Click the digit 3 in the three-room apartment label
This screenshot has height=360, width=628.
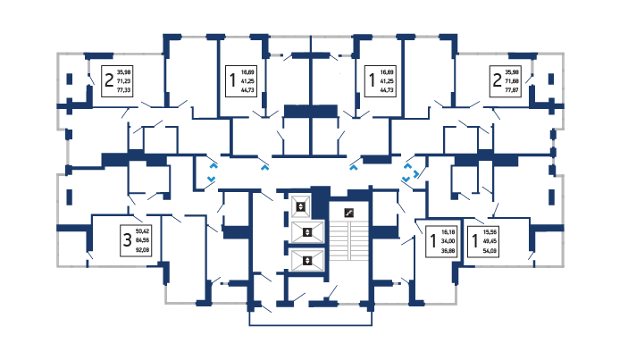(x=128, y=240)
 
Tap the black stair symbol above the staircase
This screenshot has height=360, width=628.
(x=349, y=213)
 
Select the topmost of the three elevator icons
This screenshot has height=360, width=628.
(x=302, y=206)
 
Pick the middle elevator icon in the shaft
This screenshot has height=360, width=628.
(x=306, y=233)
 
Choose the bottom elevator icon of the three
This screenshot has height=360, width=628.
(x=306, y=261)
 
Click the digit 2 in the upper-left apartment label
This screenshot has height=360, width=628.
(x=109, y=80)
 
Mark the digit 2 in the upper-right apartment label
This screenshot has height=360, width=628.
(x=496, y=80)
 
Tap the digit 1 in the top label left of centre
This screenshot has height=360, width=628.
(x=233, y=80)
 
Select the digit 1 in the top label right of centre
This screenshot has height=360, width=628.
(x=372, y=80)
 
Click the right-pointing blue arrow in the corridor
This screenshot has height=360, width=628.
(x=417, y=175)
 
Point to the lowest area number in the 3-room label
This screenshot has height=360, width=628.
(x=142, y=251)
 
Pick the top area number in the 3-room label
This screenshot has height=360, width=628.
(x=142, y=230)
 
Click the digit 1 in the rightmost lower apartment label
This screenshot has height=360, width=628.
(x=474, y=240)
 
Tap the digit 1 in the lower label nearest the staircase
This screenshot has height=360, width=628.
(x=433, y=240)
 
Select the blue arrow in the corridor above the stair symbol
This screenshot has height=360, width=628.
(x=355, y=165)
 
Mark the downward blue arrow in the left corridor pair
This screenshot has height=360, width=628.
(x=212, y=178)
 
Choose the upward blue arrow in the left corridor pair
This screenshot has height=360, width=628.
(x=213, y=165)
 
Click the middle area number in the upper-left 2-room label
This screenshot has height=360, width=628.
(x=124, y=80)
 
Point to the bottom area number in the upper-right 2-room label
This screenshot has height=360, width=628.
(x=512, y=90)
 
